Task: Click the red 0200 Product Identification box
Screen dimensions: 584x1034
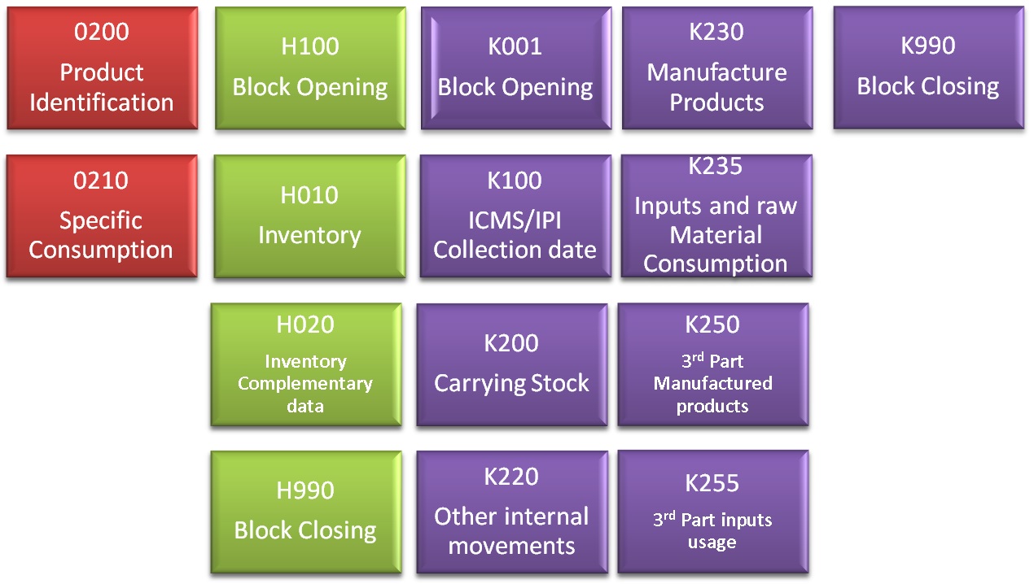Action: (x=102, y=68)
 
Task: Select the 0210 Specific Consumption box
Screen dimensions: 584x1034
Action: (x=102, y=216)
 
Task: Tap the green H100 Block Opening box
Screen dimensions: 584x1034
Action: (x=310, y=68)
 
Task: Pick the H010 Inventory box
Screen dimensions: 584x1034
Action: (x=309, y=216)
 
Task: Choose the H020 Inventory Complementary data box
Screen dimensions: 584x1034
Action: (x=305, y=364)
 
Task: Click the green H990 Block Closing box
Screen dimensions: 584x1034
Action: (x=305, y=512)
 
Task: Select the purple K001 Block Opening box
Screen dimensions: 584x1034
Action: (x=515, y=68)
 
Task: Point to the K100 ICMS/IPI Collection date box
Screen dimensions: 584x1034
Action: (x=515, y=216)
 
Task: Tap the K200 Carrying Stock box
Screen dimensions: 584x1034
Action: (x=511, y=364)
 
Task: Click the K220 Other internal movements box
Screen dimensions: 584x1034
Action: (x=511, y=512)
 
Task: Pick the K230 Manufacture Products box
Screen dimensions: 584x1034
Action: (x=716, y=68)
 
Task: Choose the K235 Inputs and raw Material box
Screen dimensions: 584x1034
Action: (x=716, y=216)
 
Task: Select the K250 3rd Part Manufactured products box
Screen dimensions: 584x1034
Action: (x=712, y=364)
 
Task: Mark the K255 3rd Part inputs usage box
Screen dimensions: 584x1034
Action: (x=712, y=512)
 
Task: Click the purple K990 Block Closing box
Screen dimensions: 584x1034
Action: (x=928, y=68)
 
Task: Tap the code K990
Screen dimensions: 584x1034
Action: (x=928, y=46)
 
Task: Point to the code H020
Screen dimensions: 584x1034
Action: (x=305, y=325)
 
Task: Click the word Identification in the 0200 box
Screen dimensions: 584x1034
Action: (x=102, y=102)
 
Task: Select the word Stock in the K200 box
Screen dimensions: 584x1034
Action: (x=554, y=383)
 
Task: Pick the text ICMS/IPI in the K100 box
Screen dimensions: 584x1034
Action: (x=515, y=220)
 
